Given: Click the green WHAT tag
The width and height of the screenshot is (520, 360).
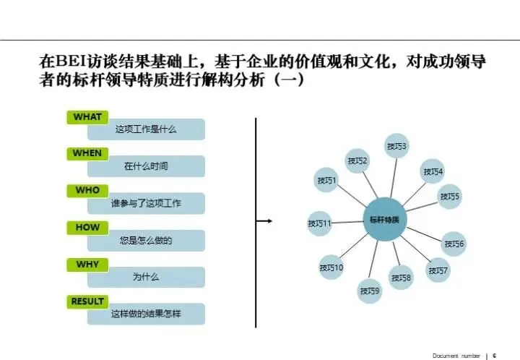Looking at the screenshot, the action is (x=87, y=117).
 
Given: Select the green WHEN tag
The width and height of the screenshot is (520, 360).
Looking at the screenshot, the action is (x=87, y=153).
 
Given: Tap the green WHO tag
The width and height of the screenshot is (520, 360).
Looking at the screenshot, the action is (x=87, y=190).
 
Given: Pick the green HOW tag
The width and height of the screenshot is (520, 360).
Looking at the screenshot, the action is (x=87, y=227).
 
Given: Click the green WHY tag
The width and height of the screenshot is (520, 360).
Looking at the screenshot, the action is (x=87, y=265).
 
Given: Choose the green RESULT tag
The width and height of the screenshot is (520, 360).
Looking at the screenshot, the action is (x=87, y=301).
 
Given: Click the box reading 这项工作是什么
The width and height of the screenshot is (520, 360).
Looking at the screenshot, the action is (x=146, y=130).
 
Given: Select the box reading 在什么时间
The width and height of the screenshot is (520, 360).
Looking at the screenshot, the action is (x=146, y=166).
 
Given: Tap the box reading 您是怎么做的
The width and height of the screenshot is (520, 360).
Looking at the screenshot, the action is (x=146, y=240).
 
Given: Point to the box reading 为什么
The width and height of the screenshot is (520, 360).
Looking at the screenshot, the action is (x=146, y=277).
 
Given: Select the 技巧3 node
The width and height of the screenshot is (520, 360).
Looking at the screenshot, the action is (x=396, y=146).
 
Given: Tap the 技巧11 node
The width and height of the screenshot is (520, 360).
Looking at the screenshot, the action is (x=319, y=223).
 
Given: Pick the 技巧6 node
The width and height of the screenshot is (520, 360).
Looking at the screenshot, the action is (x=454, y=244).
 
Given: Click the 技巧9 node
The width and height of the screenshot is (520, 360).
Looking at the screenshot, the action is (x=370, y=291).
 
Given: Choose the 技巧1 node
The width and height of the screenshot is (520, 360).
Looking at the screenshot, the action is (x=326, y=179).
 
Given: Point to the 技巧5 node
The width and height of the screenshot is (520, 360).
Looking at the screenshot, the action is (x=450, y=196).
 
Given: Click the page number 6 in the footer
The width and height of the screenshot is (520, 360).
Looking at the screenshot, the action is (x=495, y=355).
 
